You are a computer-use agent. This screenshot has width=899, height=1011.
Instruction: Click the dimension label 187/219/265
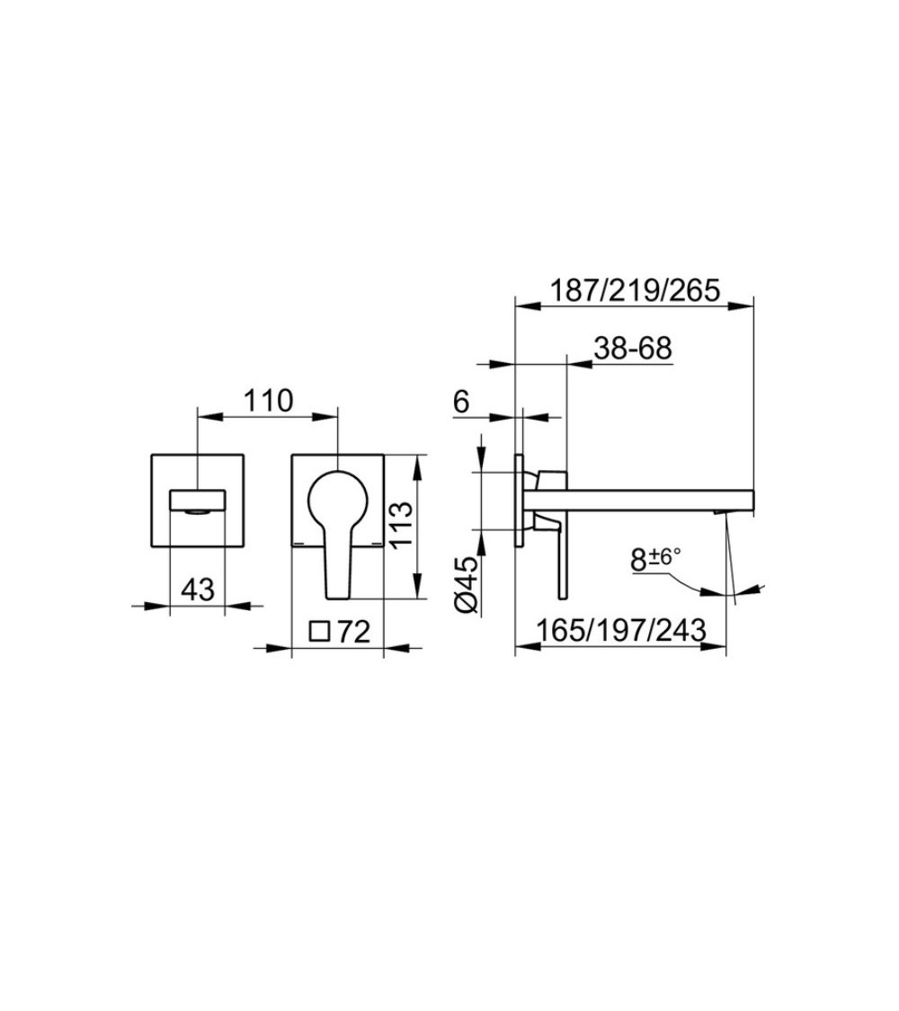[634, 291]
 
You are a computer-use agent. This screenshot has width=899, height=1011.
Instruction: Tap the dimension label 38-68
[633, 348]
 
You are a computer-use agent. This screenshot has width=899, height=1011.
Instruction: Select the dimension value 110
[268, 401]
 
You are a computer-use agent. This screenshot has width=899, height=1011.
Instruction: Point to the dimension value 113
[400, 524]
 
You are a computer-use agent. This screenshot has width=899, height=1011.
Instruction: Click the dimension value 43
[198, 589]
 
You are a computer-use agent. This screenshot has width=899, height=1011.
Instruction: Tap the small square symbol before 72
[320, 631]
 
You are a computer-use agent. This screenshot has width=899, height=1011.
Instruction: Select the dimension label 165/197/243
[621, 629]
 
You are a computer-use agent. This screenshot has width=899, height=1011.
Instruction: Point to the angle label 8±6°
[656, 559]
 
